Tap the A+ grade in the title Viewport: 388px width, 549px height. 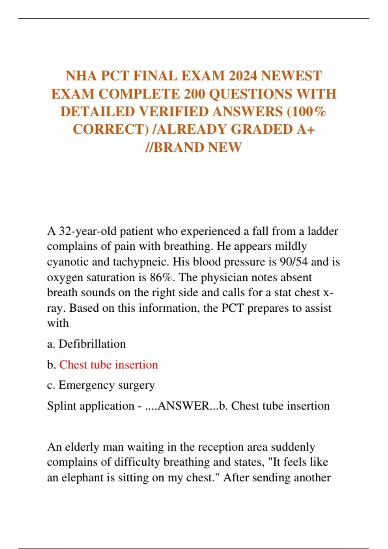click(x=306, y=129)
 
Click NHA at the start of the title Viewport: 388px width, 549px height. click(x=81, y=76)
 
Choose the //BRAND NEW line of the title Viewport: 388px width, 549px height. click(x=194, y=147)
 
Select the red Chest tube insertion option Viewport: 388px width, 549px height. click(x=109, y=365)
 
